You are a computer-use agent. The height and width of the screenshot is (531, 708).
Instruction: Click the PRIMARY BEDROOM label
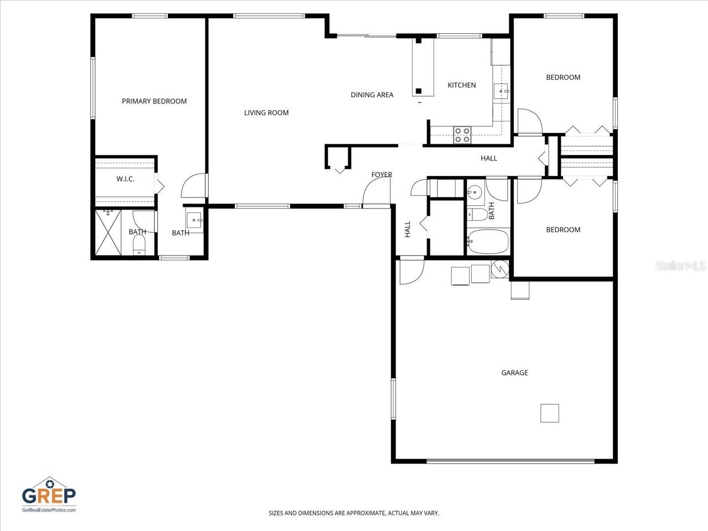[154, 101]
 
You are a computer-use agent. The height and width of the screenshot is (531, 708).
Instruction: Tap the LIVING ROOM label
[266, 113]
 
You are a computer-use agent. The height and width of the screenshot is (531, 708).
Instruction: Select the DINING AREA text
[372, 95]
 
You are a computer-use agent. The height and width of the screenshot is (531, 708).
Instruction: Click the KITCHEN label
[461, 85]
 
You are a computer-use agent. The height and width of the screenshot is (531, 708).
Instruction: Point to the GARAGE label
[514, 373]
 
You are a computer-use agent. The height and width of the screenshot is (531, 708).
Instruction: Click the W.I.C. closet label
[125, 179]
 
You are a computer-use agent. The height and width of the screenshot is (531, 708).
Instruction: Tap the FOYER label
[381, 175]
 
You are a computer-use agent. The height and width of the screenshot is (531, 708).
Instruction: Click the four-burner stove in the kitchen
[462, 135]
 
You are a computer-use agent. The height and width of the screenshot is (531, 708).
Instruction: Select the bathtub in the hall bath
[488, 241]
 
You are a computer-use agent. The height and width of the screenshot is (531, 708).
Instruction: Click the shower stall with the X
[108, 232]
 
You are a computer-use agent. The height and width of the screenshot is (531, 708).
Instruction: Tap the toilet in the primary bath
[139, 243]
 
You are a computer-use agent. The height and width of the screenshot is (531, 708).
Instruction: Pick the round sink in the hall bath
[474, 192]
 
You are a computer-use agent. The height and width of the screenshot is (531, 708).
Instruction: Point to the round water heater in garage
[499, 268]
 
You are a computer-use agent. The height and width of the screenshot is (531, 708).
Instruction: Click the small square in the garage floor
[549, 413]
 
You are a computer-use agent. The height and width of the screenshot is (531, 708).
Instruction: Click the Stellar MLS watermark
[680, 267]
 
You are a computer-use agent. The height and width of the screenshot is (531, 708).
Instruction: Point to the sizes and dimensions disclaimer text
[354, 513]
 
